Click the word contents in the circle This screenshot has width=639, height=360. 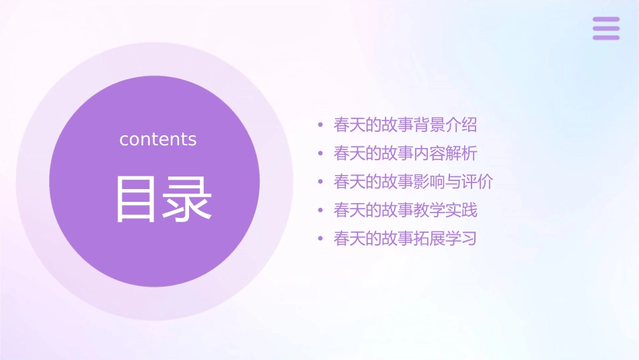pos(158,139)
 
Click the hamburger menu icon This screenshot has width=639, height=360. pos(605,28)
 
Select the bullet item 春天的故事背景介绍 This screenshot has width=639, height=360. pos(405,125)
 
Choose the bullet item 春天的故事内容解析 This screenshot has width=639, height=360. pos(405,153)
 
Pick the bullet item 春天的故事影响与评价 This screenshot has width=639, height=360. pos(413,182)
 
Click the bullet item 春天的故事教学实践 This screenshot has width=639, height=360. pos(405,210)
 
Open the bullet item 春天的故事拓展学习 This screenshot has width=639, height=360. pos(405,239)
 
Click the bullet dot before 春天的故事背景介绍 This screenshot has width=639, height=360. pos(320,125)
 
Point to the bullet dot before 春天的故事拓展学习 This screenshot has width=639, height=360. pos(320,239)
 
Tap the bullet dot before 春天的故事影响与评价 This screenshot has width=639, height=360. pos(320,182)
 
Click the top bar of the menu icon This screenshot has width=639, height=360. pos(605,20)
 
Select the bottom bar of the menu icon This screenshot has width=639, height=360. pos(605,37)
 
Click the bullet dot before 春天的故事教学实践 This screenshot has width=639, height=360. pos(320,211)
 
